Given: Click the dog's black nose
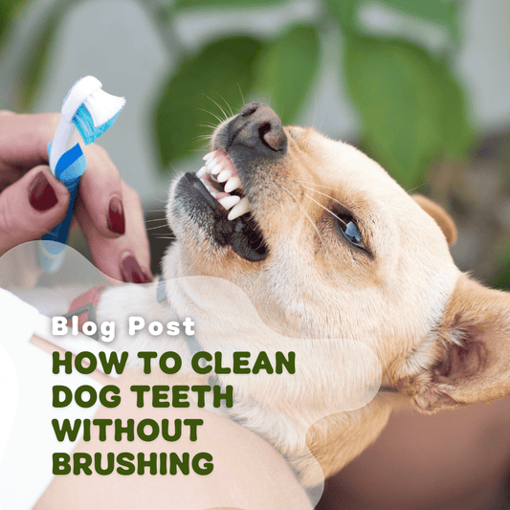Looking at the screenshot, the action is tap(257, 127).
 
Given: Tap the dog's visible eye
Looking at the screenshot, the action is tap(351, 232).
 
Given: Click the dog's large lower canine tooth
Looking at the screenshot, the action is tap(239, 209).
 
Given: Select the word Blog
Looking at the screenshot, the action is tap(83, 328).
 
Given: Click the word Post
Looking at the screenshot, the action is tap(162, 326).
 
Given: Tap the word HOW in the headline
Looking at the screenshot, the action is tap(90, 363).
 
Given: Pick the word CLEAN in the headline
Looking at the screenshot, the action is tap(243, 363).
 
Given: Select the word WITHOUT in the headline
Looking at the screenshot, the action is tap(128, 430).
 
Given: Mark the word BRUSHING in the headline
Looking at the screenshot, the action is tap(133, 464).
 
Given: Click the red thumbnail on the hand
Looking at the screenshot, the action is tap(43, 191).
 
